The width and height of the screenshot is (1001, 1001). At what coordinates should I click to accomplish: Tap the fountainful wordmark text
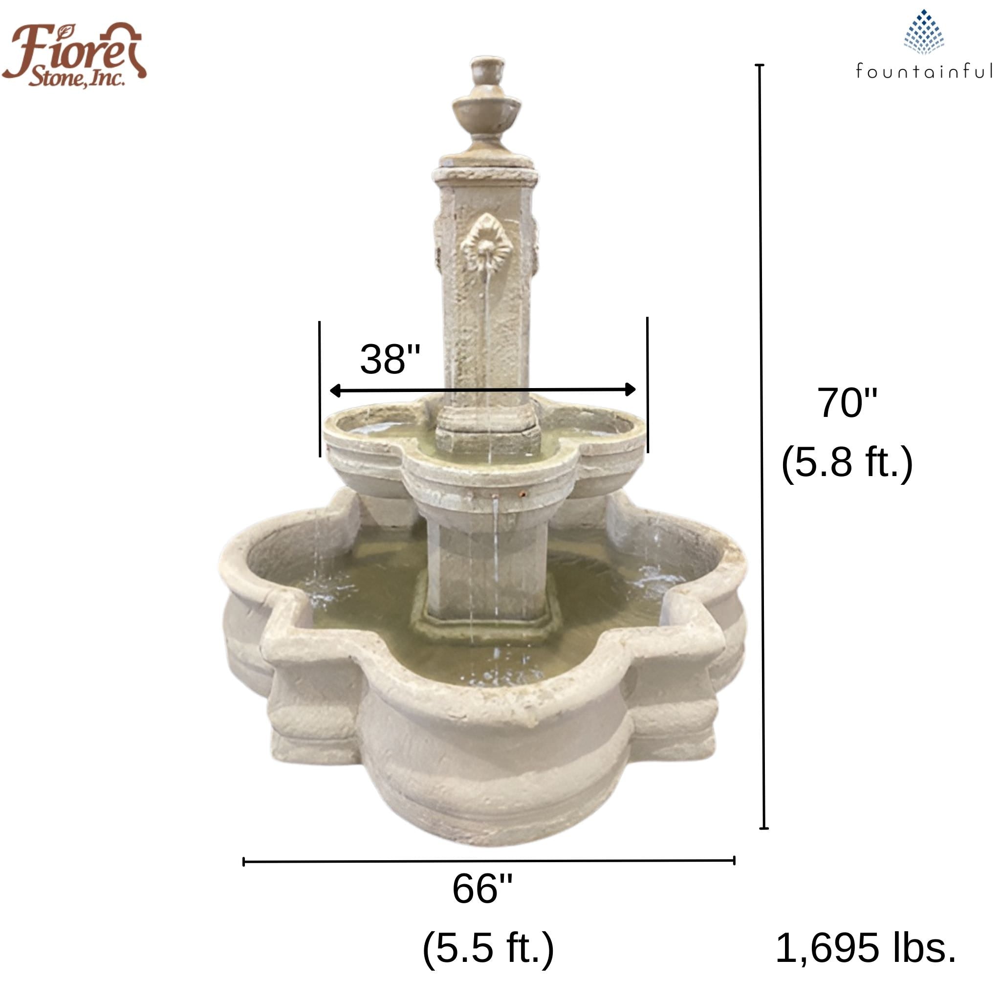click(924, 71)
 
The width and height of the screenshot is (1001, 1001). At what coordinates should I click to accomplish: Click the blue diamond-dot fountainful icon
click(924, 32)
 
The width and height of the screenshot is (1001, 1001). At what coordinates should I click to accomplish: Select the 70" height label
click(847, 403)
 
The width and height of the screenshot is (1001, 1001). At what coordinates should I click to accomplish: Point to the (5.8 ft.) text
click(847, 462)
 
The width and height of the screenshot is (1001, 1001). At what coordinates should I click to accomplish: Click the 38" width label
click(390, 360)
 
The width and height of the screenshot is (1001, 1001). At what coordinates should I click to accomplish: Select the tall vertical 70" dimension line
click(762, 446)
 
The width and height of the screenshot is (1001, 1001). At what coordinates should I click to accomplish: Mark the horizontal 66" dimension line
click(489, 861)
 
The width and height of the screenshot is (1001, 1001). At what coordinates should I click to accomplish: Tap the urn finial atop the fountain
click(486, 101)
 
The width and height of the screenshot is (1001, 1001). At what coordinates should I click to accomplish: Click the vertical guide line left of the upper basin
click(320, 389)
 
